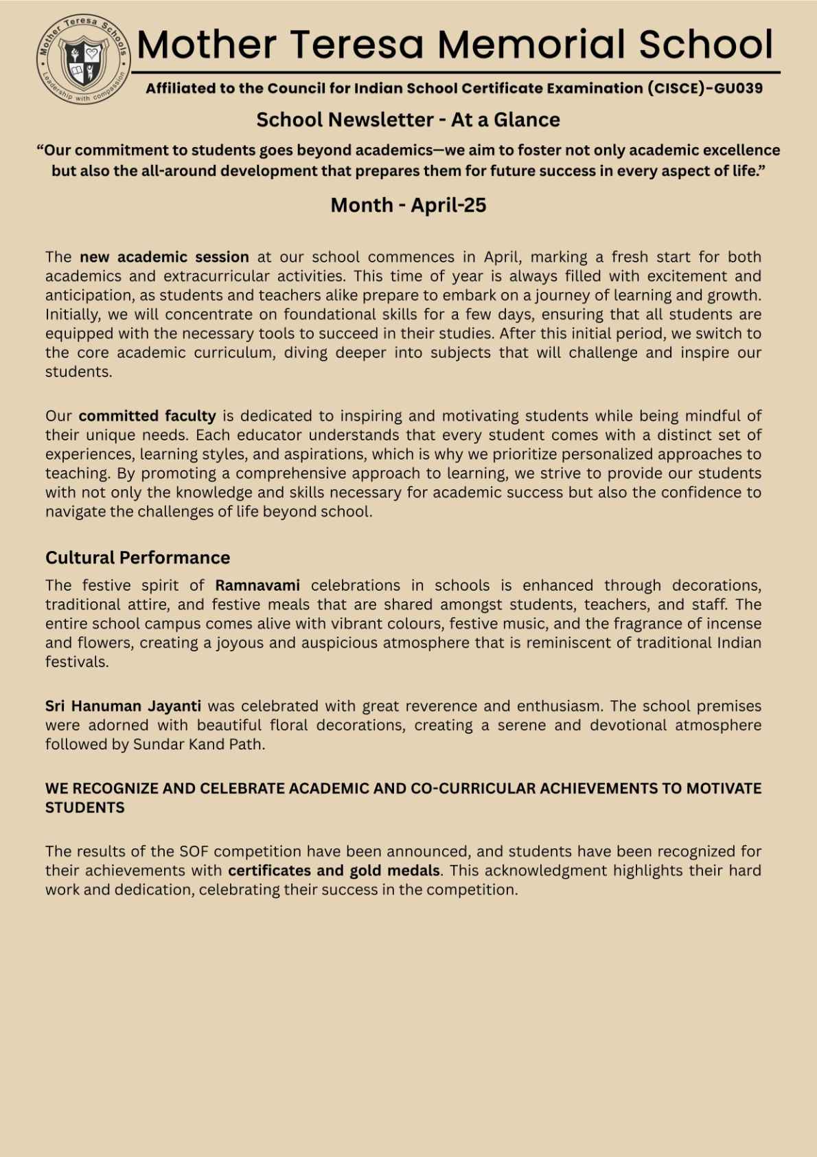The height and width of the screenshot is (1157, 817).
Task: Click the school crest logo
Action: (84, 60)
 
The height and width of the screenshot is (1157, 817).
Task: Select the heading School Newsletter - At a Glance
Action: (408, 120)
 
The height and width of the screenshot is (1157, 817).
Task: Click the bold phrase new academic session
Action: (164, 257)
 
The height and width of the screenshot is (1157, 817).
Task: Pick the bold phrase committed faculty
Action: (147, 416)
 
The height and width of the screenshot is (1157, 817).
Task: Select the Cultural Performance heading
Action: (137, 557)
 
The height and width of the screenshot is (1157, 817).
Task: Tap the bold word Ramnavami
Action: (257, 585)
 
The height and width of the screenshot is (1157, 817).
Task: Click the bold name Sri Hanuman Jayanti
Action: (123, 706)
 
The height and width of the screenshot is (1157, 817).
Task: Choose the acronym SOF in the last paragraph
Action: (194, 851)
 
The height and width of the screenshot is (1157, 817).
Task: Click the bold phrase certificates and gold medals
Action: (334, 870)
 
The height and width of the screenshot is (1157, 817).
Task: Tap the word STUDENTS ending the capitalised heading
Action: (85, 808)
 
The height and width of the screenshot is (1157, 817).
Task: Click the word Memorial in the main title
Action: (533, 45)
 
